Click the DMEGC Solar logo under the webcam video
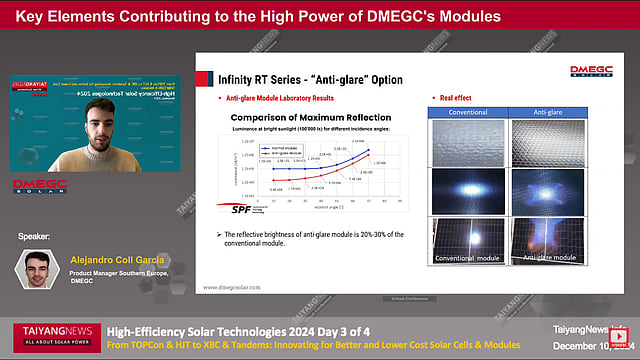coord(41,187)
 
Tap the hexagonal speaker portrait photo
coord(36,269)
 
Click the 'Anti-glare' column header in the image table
coord(549,111)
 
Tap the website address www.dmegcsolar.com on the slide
coord(239,287)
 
